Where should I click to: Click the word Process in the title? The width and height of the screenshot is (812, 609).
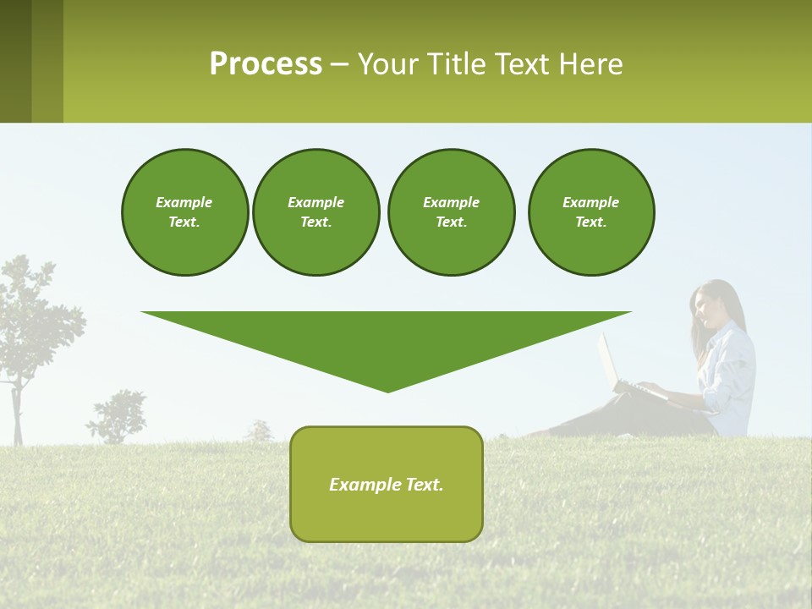coord(266,63)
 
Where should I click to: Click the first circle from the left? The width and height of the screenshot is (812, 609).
coord(184,211)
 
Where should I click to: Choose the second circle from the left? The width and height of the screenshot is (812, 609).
coord(315,211)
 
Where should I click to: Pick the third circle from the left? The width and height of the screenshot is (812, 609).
coord(451,211)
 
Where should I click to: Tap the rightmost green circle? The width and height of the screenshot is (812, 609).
coord(590,211)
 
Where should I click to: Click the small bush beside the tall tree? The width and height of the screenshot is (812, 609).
coord(118,416)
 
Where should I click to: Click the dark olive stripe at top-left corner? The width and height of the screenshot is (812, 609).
coord(15,61)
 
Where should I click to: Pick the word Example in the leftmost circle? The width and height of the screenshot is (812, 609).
coord(184,202)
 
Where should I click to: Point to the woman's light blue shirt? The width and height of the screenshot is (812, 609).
coord(732,372)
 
